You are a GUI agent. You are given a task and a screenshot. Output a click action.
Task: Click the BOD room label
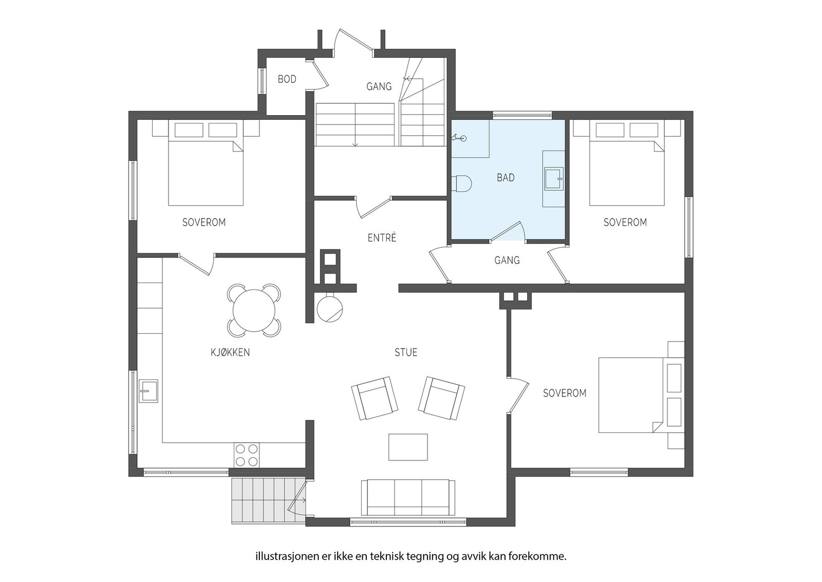(287, 79)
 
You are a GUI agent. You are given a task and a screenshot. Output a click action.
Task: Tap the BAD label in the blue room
(506, 178)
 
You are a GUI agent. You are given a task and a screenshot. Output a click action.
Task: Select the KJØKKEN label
(230, 353)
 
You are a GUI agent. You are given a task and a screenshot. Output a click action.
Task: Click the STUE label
(406, 353)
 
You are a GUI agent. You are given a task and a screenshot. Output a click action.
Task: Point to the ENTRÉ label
(382, 238)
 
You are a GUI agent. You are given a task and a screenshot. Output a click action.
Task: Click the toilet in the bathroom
(461, 184)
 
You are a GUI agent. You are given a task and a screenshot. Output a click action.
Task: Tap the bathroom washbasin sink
(554, 179)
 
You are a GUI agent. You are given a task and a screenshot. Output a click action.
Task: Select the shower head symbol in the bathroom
(459, 138)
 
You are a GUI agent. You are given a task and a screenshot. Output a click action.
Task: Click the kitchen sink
(148, 391)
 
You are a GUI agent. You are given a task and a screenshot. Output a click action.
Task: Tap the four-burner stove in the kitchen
(247, 455)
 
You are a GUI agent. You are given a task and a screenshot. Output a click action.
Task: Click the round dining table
(254, 310)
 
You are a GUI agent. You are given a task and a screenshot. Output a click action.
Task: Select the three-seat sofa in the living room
(408, 497)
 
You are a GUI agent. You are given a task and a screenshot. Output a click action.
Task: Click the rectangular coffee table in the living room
(408, 447)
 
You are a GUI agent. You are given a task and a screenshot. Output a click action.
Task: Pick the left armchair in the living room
(375, 398)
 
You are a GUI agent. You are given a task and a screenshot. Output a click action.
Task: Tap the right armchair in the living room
(441, 398)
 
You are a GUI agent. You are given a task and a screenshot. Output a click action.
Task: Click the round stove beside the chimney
(330, 309)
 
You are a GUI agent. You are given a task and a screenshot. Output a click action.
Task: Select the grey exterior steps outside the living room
(268, 501)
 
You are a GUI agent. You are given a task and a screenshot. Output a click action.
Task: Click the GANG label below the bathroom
(507, 260)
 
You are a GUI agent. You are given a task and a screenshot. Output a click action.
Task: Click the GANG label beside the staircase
(379, 87)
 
